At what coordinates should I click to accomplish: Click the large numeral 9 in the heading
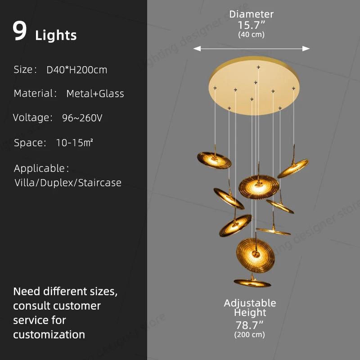19,31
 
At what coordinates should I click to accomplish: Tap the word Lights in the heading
56,36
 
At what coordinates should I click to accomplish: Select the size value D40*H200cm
76,70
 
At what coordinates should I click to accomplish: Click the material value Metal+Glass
95,94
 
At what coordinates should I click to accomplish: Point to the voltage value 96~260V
82,118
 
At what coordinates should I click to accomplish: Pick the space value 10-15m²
75,143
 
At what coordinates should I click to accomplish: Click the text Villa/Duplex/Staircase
68,183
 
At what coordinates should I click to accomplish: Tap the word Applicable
39,168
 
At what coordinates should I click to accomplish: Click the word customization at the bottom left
49,334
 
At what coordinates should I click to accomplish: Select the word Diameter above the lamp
251,14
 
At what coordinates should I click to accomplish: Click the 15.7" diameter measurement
251,25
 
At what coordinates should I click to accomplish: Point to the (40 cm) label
251,35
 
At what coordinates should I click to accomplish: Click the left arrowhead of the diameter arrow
197,49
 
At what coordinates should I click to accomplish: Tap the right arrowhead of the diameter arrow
306,49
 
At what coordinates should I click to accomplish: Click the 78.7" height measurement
249,325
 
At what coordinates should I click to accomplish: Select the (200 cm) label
250,334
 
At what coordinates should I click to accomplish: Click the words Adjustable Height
250,308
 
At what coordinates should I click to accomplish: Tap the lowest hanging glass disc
252,283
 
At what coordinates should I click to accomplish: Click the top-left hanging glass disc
214,160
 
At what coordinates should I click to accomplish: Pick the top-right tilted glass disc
293,168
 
